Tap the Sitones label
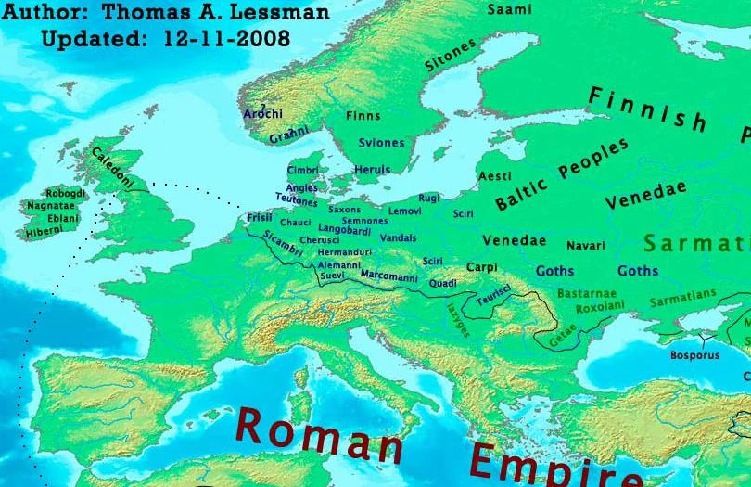point(451,55)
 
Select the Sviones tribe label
point(382,143)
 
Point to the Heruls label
point(372,170)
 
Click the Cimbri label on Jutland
point(302,171)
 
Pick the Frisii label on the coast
point(260,218)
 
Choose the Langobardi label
point(344,228)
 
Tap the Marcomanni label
point(388,276)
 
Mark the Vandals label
point(399,238)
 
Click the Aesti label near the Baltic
point(494,176)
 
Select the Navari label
point(585,246)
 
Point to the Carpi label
point(481,267)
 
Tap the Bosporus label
point(694,355)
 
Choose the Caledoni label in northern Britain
point(112,170)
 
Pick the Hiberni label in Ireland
point(45,231)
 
